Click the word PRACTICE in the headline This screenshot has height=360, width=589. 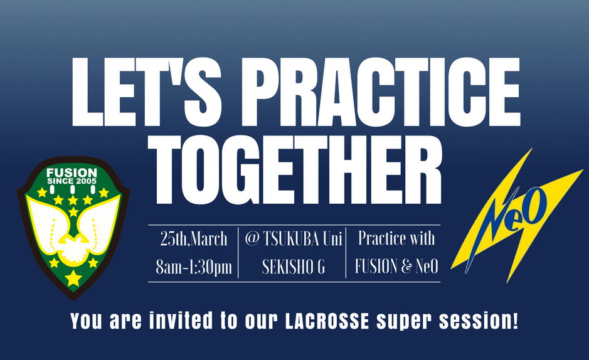click(380, 92)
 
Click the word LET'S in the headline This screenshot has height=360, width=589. click(147, 92)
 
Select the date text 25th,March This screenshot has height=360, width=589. click(194, 239)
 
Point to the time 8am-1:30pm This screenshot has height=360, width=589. click(194, 267)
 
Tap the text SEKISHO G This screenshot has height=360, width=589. click(294, 267)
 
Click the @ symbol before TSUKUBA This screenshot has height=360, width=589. click(252, 239)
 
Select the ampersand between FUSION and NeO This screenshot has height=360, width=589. click(406, 267)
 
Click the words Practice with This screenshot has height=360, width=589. click(396, 238)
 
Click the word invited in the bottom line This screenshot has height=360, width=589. click(181, 320)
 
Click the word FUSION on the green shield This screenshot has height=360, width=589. click(72, 173)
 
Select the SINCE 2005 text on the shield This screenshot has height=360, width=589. click(72, 181)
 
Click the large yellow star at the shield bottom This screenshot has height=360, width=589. click(73, 278)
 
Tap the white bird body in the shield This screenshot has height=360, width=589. click(74, 248)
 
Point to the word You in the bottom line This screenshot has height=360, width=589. click(86, 321)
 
